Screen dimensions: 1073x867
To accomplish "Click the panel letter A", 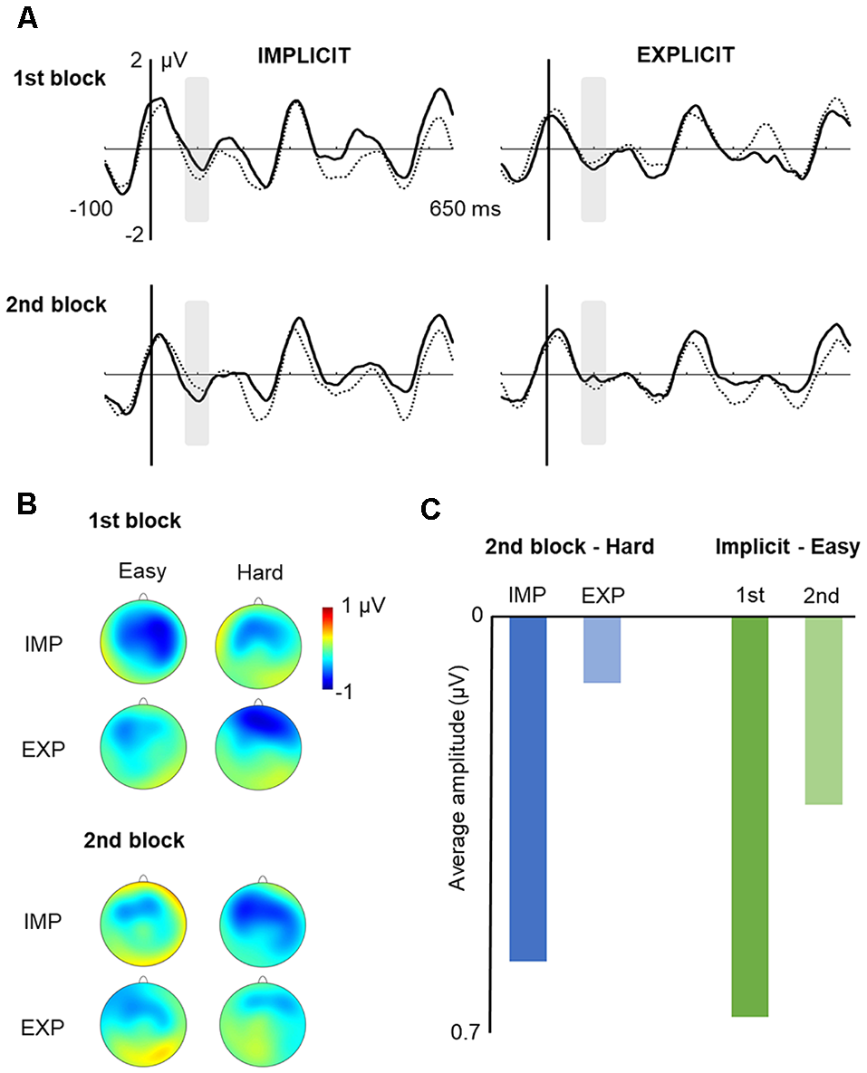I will (x=28, y=18).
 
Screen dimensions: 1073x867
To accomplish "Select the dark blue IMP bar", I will (x=528, y=788).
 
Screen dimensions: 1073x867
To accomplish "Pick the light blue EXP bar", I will (x=602, y=649).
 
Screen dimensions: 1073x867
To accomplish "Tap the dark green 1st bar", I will (x=749, y=816).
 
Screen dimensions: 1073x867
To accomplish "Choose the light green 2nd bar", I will (x=824, y=710).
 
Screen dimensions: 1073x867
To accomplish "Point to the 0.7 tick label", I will (x=468, y=1031).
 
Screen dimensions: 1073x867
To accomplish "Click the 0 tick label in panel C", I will (x=477, y=617).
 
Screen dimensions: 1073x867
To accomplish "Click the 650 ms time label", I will (x=465, y=209).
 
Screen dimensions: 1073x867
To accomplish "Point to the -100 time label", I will (x=92, y=209).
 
